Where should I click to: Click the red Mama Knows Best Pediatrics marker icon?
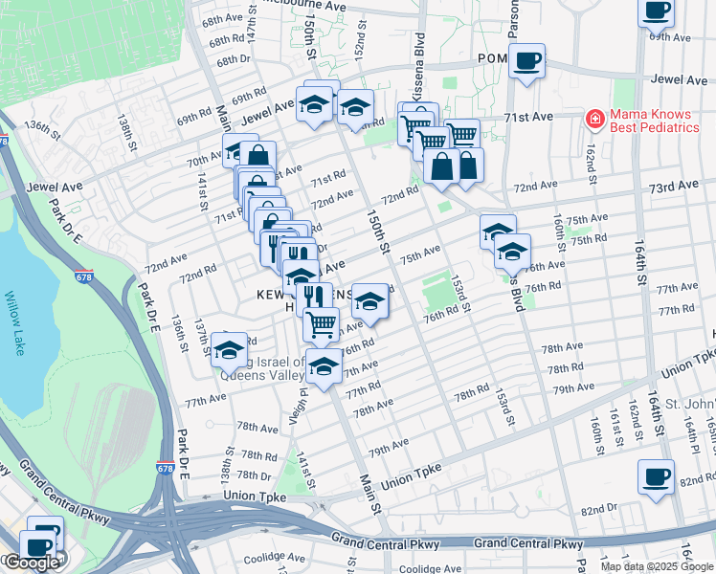pyautogui.click(x=594, y=119)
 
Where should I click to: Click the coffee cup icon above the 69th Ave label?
pyautogui.click(x=658, y=11)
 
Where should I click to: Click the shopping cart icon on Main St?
pyautogui.click(x=321, y=324)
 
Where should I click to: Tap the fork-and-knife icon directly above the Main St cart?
pyautogui.click(x=312, y=298)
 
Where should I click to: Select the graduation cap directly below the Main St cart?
pyautogui.click(x=324, y=367)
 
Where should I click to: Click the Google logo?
pyautogui.click(x=31, y=563)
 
